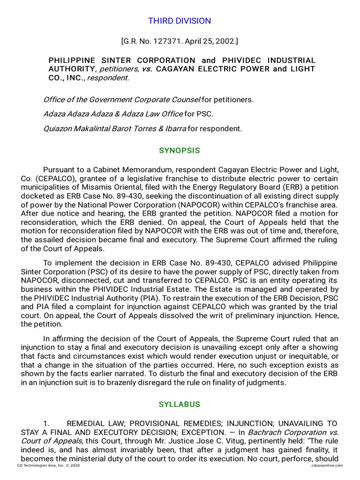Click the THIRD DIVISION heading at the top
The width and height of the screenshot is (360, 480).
[180, 21]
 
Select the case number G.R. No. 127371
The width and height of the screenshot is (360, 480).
[151, 42]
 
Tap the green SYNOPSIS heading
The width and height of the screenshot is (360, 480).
[180, 150]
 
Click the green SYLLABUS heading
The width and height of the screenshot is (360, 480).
[180, 404]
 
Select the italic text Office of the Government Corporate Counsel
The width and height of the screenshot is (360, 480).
[121, 99]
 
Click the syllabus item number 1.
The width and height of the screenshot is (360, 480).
[46, 423]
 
